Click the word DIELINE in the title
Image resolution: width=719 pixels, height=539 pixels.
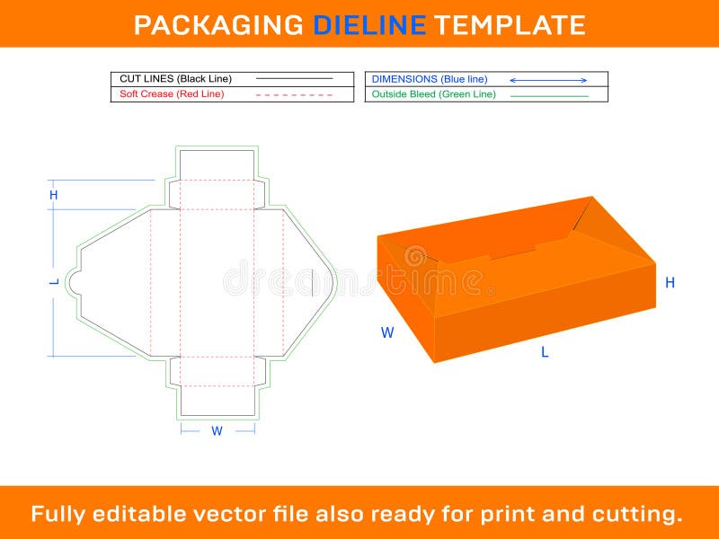(x=369, y=24)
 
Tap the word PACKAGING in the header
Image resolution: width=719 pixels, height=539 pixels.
(x=218, y=24)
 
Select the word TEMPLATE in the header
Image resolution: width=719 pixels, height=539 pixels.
(x=510, y=24)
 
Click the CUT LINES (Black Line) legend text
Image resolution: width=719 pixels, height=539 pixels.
(x=175, y=79)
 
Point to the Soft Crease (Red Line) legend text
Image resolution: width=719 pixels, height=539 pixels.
(x=172, y=93)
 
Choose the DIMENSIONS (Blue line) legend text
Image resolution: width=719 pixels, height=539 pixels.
(x=430, y=79)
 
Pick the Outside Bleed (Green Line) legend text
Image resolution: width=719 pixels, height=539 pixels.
(x=433, y=94)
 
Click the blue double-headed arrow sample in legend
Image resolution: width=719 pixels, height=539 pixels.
(x=548, y=80)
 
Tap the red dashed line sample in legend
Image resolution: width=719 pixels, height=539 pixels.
(x=294, y=94)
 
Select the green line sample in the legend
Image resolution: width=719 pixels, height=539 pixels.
(x=549, y=95)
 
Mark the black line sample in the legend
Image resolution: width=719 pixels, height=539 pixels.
(x=294, y=79)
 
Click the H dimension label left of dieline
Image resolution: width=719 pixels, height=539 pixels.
(x=54, y=195)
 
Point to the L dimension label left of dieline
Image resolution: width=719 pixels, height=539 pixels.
(x=54, y=282)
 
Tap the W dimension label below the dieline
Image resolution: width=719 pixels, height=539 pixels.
(x=217, y=431)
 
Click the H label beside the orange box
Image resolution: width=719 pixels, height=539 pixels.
(x=670, y=283)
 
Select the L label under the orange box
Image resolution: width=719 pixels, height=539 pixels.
(x=545, y=352)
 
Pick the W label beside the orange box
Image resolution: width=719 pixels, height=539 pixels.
(x=387, y=332)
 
